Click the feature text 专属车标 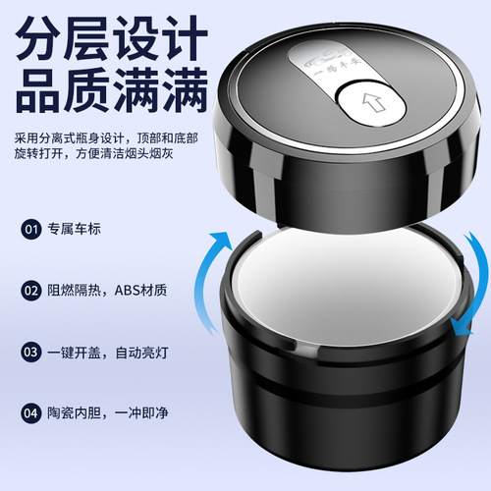pyautogui.click(x=76, y=231)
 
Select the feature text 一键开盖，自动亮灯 pyautogui.click(x=110, y=351)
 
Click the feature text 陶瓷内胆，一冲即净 pyautogui.click(x=110, y=412)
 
